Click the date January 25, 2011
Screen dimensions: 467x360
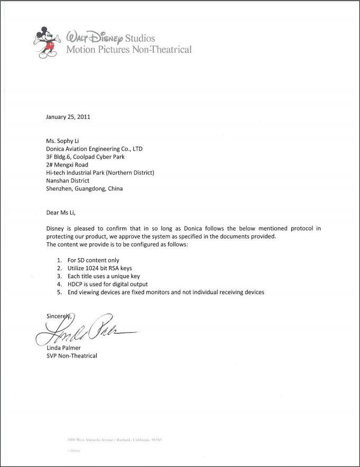point(68,117)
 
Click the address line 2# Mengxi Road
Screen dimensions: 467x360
point(67,164)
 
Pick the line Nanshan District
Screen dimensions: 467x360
point(68,180)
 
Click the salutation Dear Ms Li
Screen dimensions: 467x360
point(61,213)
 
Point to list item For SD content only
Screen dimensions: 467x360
point(93,260)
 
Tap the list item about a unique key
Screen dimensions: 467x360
point(103,276)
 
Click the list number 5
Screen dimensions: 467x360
point(60,292)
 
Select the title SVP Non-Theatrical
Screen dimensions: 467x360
point(72,356)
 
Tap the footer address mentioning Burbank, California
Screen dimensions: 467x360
point(114,439)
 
